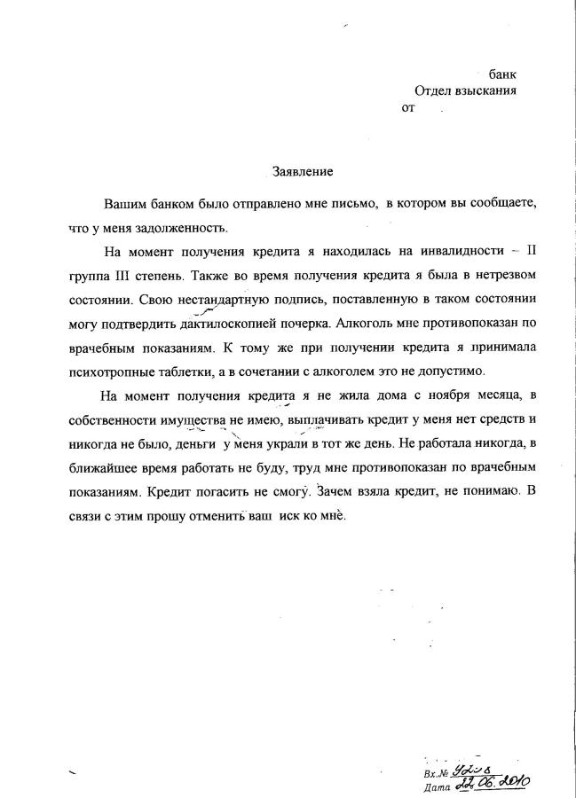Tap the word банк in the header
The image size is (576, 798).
tap(502, 74)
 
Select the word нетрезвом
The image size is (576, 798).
tap(497, 274)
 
